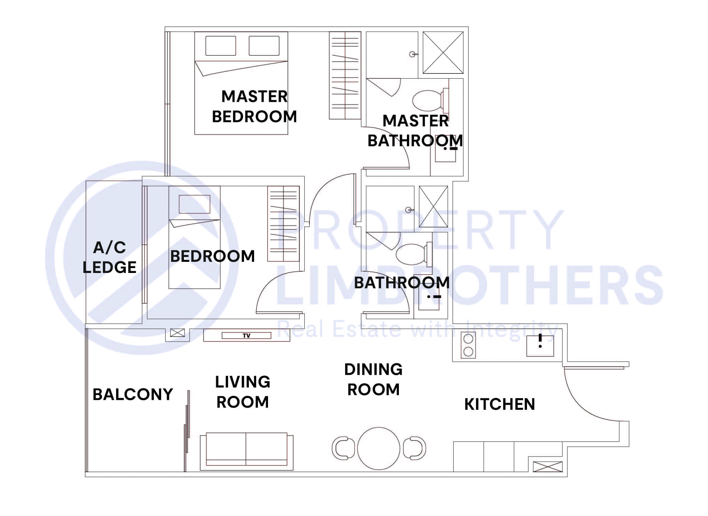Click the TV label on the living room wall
pyautogui.click(x=246, y=336)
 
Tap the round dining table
pyautogui.click(x=378, y=448)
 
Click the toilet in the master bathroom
pyautogui.click(x=428, y=100)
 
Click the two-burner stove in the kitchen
pyautogui.click(x=468, y=345)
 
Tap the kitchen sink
pyautogui.click(x=540, y=346)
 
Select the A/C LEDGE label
pyautogui.click(x=110, y=257)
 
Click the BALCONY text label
pyautogui.click(x=133, y=394)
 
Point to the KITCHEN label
pyautogui.click(x=499, y=404)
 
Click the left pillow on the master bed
pyautogui.click(x=221, y=46)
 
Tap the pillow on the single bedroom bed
pyautogui.click(x=195, y=204)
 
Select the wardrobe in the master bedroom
pyautogui.click(x=345, y=75)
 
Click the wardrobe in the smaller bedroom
pyautogui.click(x=283, y=224)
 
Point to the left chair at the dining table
pyautogui.click(x=343, y=448)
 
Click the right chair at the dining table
pyautogui.click(x=415, y=448)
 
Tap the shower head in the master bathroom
pyautogui.click(x=412, y=54)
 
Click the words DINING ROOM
pyautogui.click(x=373, y=380)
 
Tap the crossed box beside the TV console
pyautogui.click(x=177, y=333)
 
